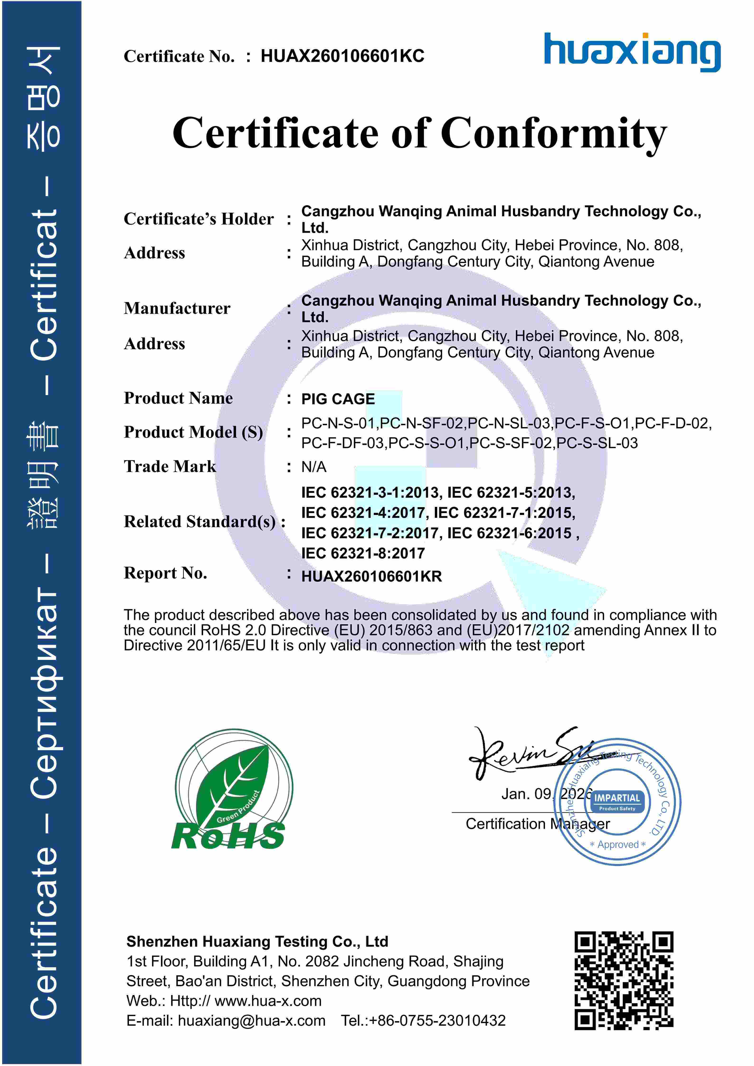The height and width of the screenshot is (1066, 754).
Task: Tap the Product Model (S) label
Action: pyautogui.click(x=193, y=432)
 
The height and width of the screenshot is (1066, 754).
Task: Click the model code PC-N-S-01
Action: pyautogui.click(x=339, y=423)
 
